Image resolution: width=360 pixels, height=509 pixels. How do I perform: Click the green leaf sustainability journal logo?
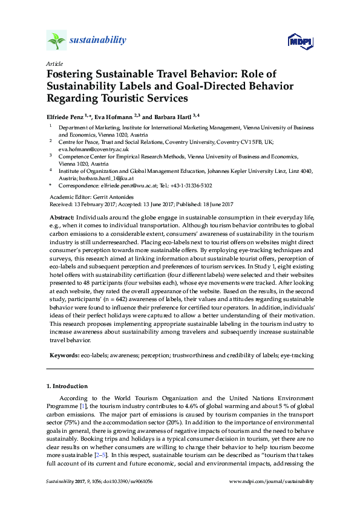coord(56,41)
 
